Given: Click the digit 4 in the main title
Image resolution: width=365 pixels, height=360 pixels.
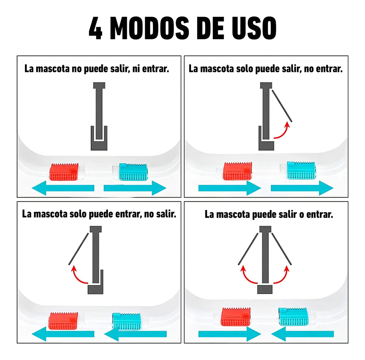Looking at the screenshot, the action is pyautogui.click(x=96, y=28).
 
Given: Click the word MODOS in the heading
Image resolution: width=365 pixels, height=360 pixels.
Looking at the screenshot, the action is pyautogui.click(x=149, y=28).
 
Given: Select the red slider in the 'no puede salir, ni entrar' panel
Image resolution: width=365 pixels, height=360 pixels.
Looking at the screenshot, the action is pyautogui.click(x=64, y=172).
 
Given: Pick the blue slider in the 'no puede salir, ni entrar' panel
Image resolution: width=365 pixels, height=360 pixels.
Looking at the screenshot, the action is pyautogui.click(x=133, y=172).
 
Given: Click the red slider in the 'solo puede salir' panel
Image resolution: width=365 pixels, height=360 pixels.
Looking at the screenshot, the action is pyautogui.click(x=238, y=171).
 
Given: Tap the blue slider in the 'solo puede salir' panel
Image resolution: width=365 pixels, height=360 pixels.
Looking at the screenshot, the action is pyautogui.click(x=301, y=170).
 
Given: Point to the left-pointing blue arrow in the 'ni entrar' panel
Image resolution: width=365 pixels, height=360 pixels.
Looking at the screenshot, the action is pyautogui.click(x=63, y=188).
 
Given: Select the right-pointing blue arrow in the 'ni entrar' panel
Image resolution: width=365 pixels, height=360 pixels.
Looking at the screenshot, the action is pyautogui.click(x=135, y=188).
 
